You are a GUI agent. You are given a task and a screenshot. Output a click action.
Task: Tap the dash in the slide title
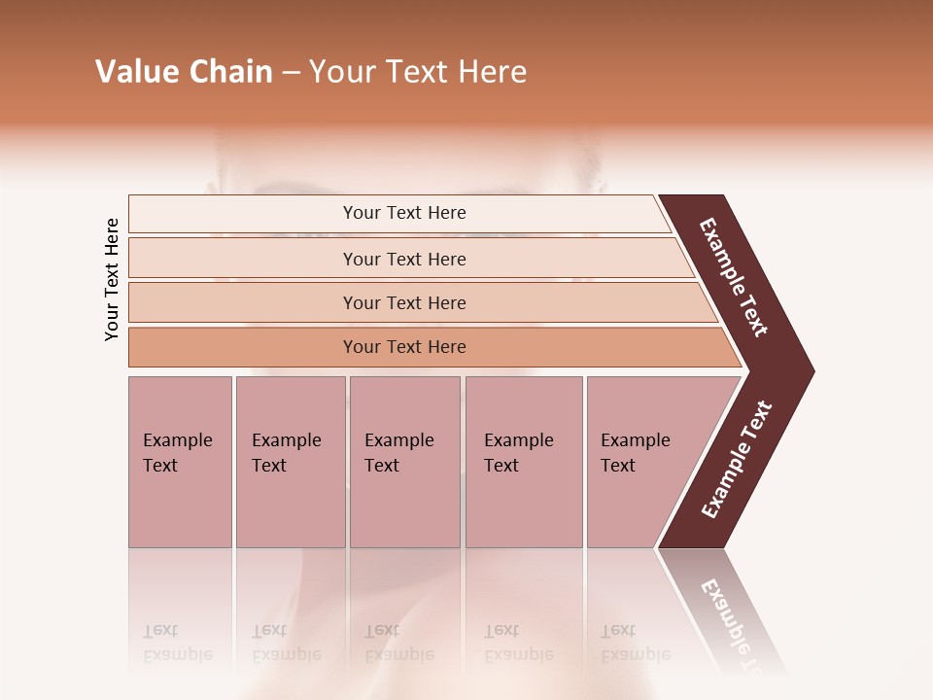click(291, 73)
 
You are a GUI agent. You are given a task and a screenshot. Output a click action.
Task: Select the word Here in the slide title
click(492, 72)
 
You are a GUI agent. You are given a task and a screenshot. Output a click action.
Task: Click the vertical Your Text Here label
click(112, 279)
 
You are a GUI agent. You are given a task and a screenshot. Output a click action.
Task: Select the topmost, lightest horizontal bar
click(403, 213)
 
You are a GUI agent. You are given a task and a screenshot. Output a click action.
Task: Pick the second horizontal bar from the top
click(403, 259)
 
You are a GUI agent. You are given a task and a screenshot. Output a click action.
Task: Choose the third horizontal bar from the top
click(403, 302)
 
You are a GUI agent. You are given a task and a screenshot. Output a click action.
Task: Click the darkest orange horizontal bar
click(403, 347)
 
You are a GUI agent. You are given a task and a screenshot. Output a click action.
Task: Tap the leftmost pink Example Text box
click(180, 462)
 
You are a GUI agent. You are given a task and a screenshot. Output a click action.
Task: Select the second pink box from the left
click(290, 462)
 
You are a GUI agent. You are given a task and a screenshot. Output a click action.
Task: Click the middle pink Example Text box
click(404, 462)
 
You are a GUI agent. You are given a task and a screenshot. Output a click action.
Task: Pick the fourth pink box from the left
click(523, 462)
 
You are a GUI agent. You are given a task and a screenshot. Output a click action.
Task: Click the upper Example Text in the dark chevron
click(735, 277)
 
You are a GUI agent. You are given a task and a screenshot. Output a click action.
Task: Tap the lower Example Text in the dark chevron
click(737, 459)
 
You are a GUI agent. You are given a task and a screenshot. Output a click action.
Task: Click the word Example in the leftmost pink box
click(177, 440)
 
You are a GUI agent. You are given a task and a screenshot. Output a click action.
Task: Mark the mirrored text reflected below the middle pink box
click(398, 643)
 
